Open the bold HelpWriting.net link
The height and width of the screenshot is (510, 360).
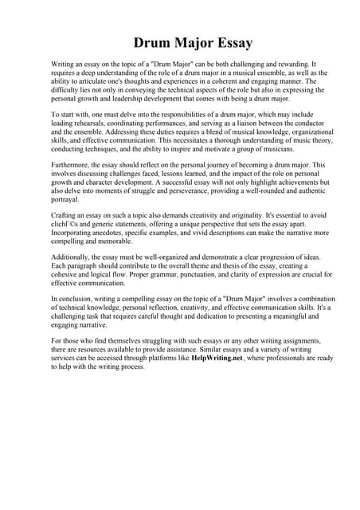tap(216, 359)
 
